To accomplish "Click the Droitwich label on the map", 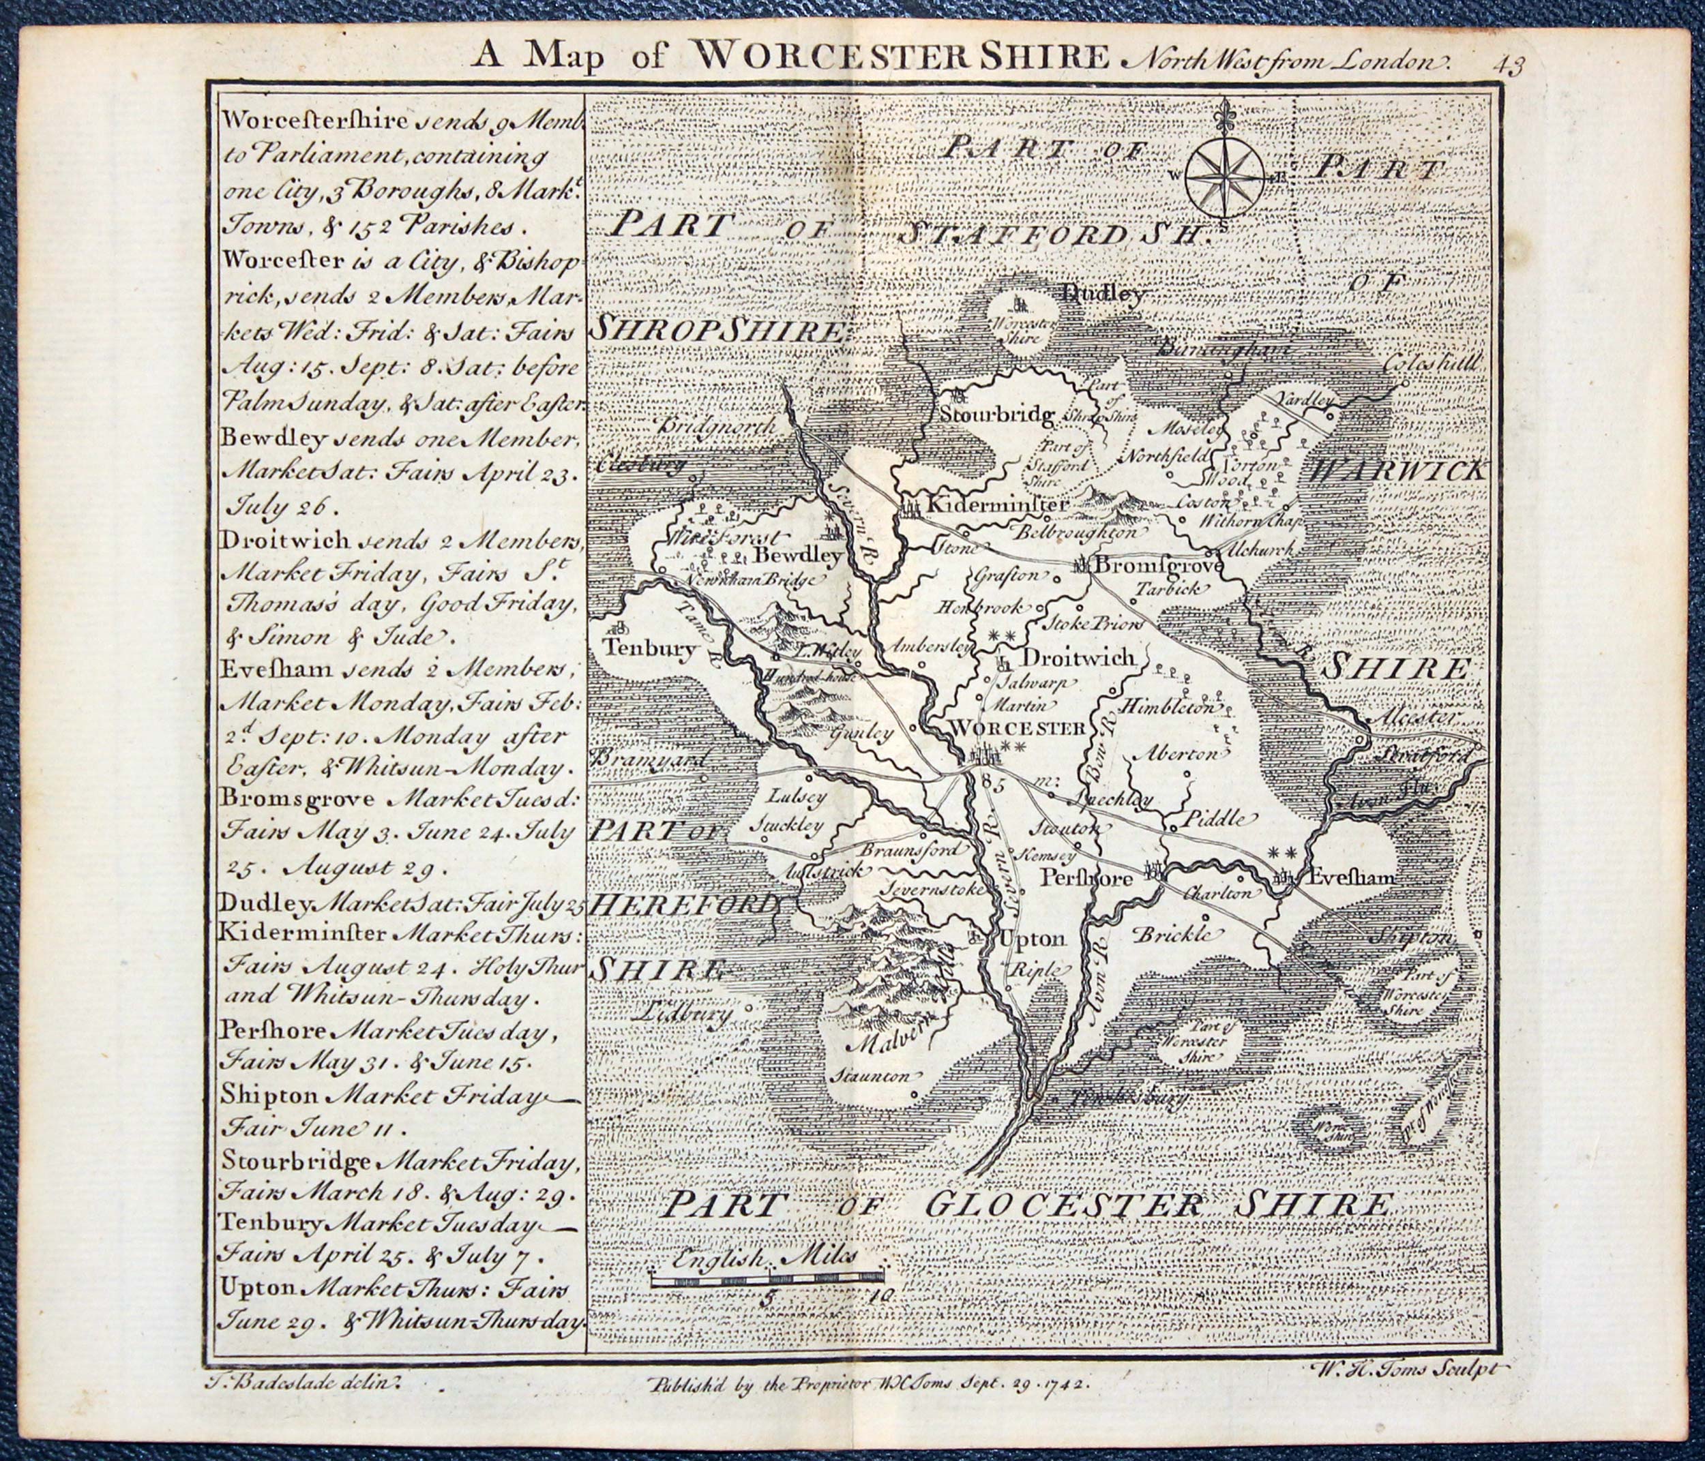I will tap(1078, 657).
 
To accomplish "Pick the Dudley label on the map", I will tap(1103, 294).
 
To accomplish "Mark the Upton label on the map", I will tap(1032, 938).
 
